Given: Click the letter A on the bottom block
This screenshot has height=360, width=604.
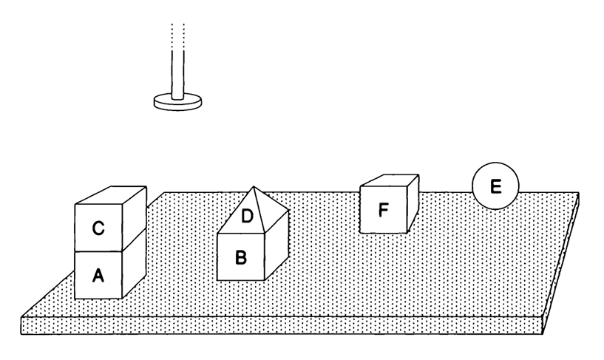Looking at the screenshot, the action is click(98, 276).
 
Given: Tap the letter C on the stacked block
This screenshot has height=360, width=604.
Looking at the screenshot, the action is click(98, 229).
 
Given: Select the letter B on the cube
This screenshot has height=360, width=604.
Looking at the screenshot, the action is click(240, 258).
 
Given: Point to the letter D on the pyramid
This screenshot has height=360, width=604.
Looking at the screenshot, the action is click(247, 217).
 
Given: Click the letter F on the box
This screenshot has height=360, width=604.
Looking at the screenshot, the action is click(383, 210).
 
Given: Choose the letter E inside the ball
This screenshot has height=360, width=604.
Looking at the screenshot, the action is click(495, 186).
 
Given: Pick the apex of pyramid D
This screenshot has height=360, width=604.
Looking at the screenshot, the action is click(254, 187).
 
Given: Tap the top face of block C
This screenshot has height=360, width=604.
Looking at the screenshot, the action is click(111, 196).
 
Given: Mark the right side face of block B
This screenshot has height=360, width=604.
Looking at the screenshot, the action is click(275, 248).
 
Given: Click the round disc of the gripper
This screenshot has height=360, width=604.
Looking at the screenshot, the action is click(179, 101).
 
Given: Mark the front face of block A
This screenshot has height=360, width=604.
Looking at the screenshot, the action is click(98, 275).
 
